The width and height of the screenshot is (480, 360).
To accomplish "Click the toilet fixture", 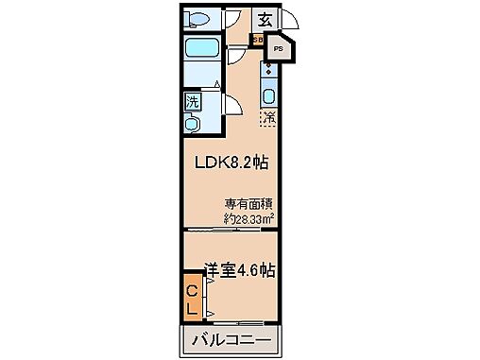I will pyautogui.click(x=197, y=19).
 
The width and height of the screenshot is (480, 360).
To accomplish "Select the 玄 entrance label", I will pyautogui.click(x=266, y=20).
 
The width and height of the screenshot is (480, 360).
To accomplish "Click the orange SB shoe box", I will pyautogui.click(x=256, y=41).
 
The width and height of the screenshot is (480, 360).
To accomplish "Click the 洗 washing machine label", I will pyautogui.click(x=191, y=102).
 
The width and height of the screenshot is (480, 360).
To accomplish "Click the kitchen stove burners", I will pyautogui.click(x=268, y=71).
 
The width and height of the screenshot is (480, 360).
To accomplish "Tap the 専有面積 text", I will pyautogui.click(x=248, y=203).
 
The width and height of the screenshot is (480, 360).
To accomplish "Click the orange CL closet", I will pyautogui.click(x=191, y=297).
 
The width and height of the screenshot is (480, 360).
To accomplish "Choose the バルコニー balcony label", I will pyautogui.click(x=231, y=339).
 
